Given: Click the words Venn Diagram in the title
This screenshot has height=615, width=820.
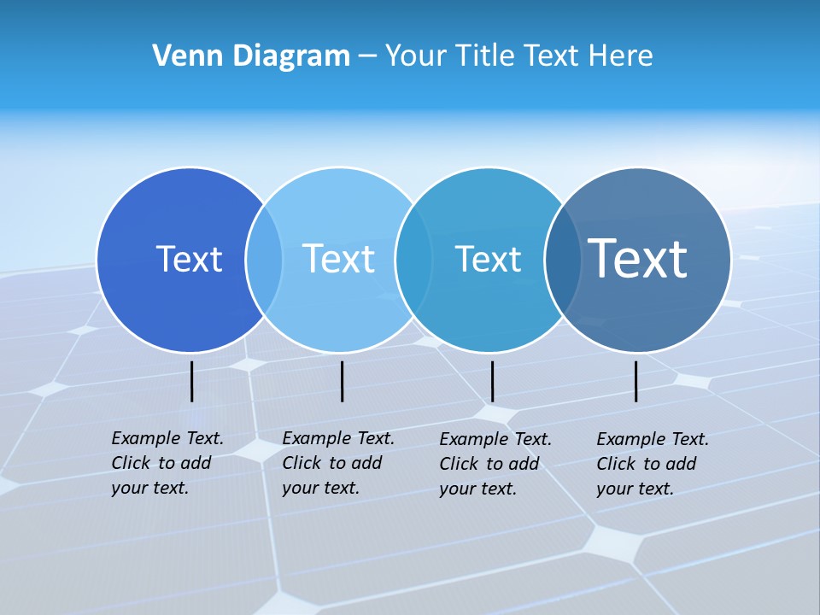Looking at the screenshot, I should click(251, 56).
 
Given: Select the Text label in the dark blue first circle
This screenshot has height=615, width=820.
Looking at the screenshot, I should click(189, 259).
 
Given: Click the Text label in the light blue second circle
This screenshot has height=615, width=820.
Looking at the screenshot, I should click(338, 259).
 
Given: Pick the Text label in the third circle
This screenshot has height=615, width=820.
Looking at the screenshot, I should click(488, 259).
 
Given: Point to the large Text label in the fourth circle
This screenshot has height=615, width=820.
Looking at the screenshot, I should click(638, 259).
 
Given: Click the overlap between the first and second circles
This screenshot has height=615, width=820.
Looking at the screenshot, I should click(264, 260).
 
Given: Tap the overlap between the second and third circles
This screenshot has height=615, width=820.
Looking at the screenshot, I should click(413, 260).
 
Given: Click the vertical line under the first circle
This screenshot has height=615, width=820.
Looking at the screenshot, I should click(192, 381).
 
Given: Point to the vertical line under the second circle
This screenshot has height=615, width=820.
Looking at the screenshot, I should click(342, 381).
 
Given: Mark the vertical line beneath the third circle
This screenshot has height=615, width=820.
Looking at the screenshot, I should click(492, 381).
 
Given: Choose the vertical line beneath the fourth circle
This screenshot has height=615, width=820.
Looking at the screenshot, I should click(636, 381).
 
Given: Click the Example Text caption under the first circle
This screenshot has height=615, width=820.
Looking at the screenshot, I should click(167, 463).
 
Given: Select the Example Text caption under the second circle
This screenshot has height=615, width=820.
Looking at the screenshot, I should click(337, 463).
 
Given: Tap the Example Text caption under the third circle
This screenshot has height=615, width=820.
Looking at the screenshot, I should click(495, 464).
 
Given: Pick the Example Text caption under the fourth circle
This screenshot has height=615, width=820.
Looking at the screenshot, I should click(652, 464).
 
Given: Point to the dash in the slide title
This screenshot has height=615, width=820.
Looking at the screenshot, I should click(367, 57).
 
